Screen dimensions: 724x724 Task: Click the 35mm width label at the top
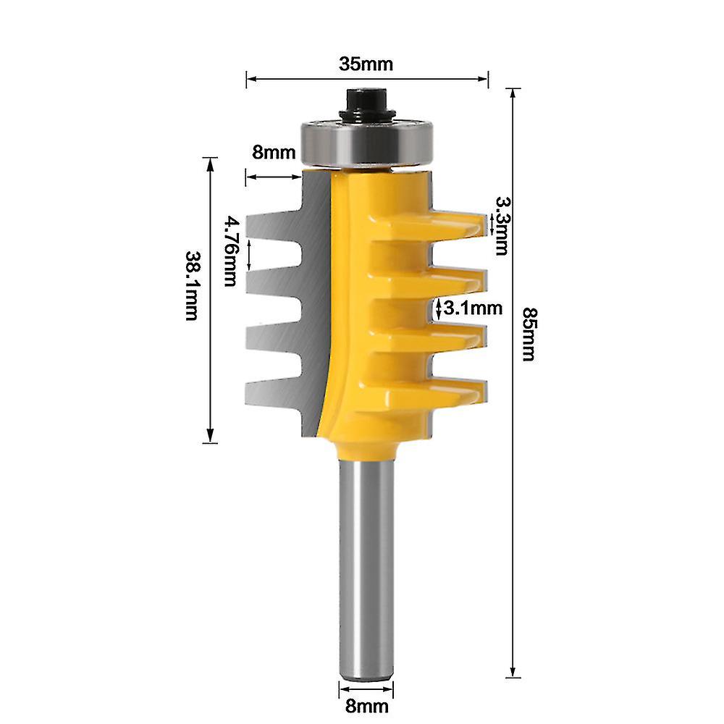[366, 64]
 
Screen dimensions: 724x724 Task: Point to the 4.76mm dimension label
[230, 251]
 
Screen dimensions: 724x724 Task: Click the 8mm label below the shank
[366, 706]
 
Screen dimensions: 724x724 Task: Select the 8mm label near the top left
[274, 153]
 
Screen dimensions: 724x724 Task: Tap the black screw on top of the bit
[366, 103]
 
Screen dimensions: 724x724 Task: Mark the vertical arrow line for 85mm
[513, 434]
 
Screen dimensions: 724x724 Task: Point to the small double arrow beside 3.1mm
[439, 308]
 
